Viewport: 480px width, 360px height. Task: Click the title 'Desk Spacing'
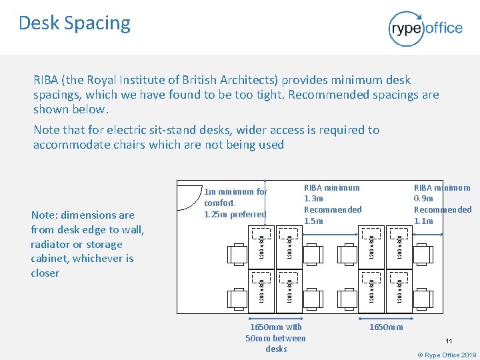point(75,23)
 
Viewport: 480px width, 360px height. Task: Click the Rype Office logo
point(425,28)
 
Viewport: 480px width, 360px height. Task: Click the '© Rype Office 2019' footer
point(447,355)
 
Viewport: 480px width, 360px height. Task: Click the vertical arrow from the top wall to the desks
point(265,203)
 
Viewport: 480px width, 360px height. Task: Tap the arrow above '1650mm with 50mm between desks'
point(275,317)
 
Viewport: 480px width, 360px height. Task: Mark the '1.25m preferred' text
point(235,214)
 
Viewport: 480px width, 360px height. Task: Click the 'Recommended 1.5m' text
point(333,215)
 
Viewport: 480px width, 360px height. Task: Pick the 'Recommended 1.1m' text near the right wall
point(442,215)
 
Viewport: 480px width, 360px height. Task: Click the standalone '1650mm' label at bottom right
point(386,327)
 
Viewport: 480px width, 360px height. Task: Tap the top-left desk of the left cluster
point(261,245)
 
